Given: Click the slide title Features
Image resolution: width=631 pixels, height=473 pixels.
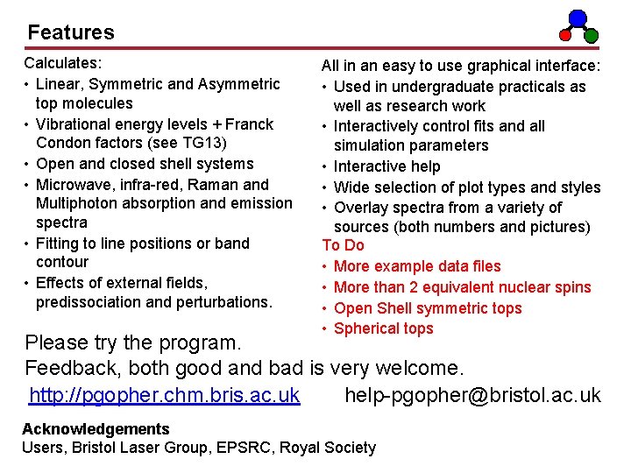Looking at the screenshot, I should pyautogui.click(x=71, y=32).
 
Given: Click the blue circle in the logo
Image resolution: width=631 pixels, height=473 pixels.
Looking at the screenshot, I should pyautogui.click(x=578, y=17).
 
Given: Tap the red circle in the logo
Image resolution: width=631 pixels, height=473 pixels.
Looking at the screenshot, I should pyautogui.click(x=566, y=36).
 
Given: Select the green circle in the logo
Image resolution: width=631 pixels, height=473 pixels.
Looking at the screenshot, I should pyautogui.click(x=592, y=36).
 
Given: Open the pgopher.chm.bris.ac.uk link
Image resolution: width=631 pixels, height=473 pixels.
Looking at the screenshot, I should pyautogui.click(x=165, y=396).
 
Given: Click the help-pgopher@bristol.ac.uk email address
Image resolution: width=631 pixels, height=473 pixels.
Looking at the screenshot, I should pyautogui.click(x=472, y=396).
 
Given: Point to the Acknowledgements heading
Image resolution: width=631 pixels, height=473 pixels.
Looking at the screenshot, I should pyautogui.click(x=96, y=429).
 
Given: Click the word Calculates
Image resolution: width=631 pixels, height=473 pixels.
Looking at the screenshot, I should pyautogui.click(x=62, y=63).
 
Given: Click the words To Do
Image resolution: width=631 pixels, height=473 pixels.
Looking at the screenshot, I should pyautogui.click(x=343, y=245).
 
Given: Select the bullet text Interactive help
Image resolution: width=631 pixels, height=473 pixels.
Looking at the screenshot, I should pyautogui.click(x=387, y=166).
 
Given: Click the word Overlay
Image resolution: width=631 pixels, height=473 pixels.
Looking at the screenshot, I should pyautogui.click(x=361, y=208).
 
